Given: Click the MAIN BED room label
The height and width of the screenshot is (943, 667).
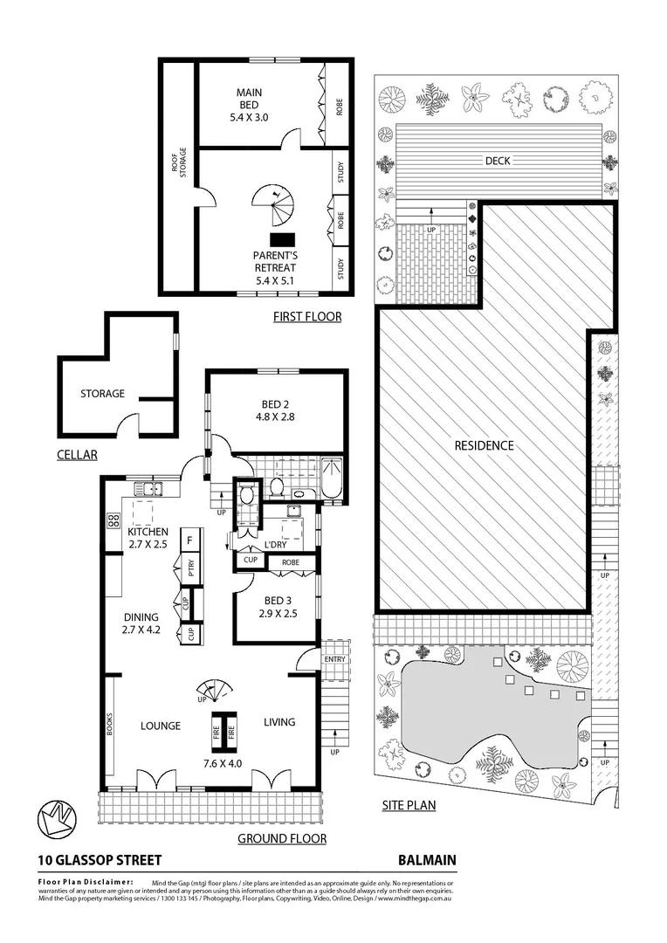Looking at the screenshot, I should coord(249,99).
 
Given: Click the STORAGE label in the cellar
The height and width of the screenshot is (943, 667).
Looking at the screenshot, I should coord(102,394).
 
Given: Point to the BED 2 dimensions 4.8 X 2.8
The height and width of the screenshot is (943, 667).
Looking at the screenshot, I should coord(275,417).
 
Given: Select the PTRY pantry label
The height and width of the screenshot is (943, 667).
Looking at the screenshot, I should coord(189,568).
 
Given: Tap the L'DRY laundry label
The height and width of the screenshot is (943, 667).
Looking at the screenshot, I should coord(275,544).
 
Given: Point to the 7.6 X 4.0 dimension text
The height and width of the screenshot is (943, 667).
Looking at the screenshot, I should coord(222,762).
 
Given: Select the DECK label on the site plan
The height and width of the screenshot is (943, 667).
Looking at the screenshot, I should coord(499,161).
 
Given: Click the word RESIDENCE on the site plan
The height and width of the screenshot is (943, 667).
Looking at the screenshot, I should coord(484,445).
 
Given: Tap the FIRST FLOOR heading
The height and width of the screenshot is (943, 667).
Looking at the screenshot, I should coord(307,316).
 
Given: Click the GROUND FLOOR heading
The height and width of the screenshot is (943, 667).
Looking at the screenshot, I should coord(282,839).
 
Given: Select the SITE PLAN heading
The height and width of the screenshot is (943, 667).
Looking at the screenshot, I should coord(409,805).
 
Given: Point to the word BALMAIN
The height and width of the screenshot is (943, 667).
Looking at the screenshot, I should coord(427,860).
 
